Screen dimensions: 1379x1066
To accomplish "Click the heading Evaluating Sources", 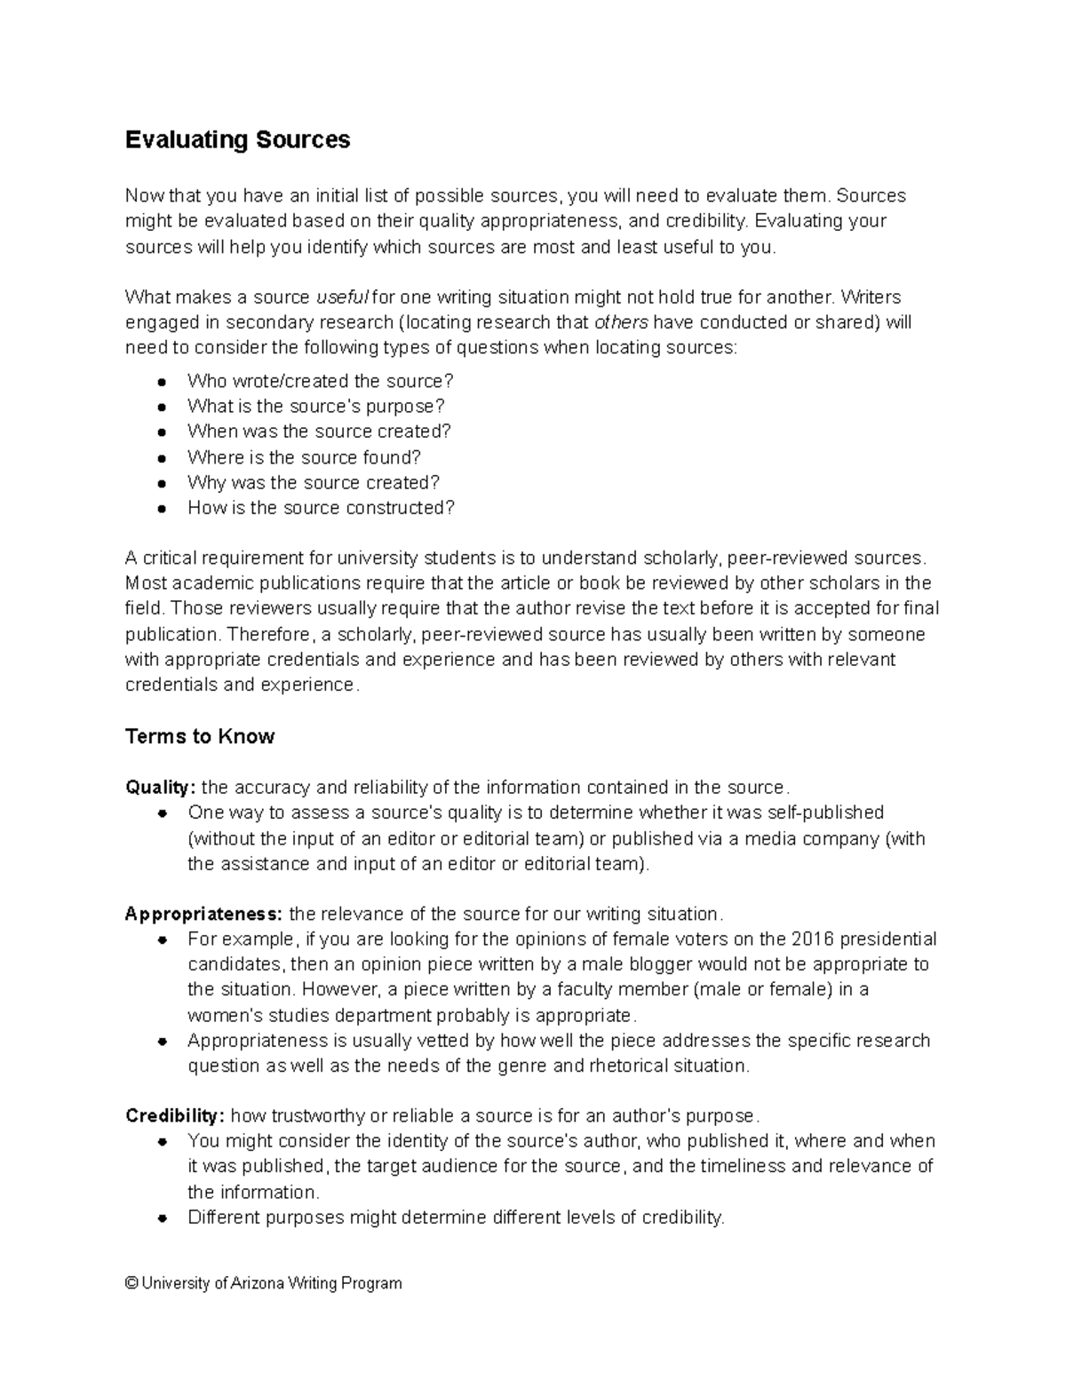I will [x=237, y=140].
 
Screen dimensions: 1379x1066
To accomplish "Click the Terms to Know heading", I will [x=200, y=736].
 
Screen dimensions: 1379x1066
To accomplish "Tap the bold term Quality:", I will [x=161, y=788].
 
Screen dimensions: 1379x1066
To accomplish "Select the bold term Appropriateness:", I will [x=204, y=914].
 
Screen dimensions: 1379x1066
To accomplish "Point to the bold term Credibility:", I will [x=175, y=1115].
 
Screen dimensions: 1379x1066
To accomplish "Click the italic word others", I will [x=621, y=321].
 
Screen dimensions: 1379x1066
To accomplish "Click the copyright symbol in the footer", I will [x=131, y=1283].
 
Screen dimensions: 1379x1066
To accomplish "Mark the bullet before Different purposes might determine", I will [x=162, y=1218].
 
